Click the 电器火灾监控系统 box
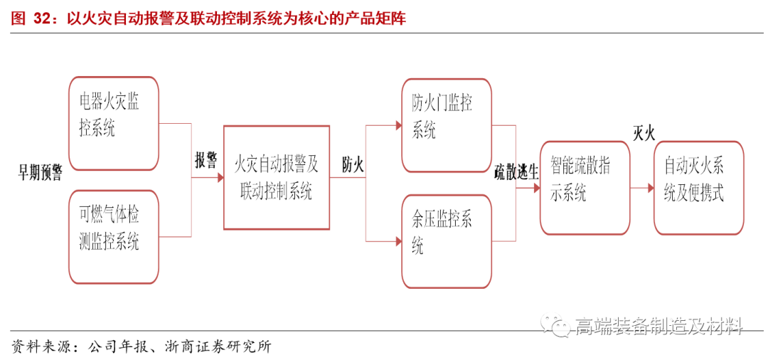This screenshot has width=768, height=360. tap(114, 124)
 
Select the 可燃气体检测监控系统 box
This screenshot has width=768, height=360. tap(114, 237)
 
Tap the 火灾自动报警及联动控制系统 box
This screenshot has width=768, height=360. tap(277, 177)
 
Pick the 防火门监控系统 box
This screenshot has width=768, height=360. tap(447, 125)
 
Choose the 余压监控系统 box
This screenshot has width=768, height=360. tap(447, 241)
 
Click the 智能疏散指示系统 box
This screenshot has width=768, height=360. tap(585, 188)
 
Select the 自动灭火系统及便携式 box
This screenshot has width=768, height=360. tap(698, 188)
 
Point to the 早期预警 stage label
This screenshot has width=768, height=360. tap(41, 172)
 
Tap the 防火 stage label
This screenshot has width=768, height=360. tap(353, 166)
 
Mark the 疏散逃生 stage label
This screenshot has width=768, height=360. tap(517, 171)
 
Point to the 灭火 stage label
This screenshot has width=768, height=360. tap(644, 133)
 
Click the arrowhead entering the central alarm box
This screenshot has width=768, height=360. tap(219, 177)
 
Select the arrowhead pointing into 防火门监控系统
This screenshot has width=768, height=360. tap(398, 125)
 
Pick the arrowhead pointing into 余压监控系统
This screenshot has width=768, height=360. tap(398, 241)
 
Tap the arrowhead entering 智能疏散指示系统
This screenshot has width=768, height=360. tap(535, 188)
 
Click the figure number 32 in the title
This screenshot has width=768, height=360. tap(41, 18)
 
